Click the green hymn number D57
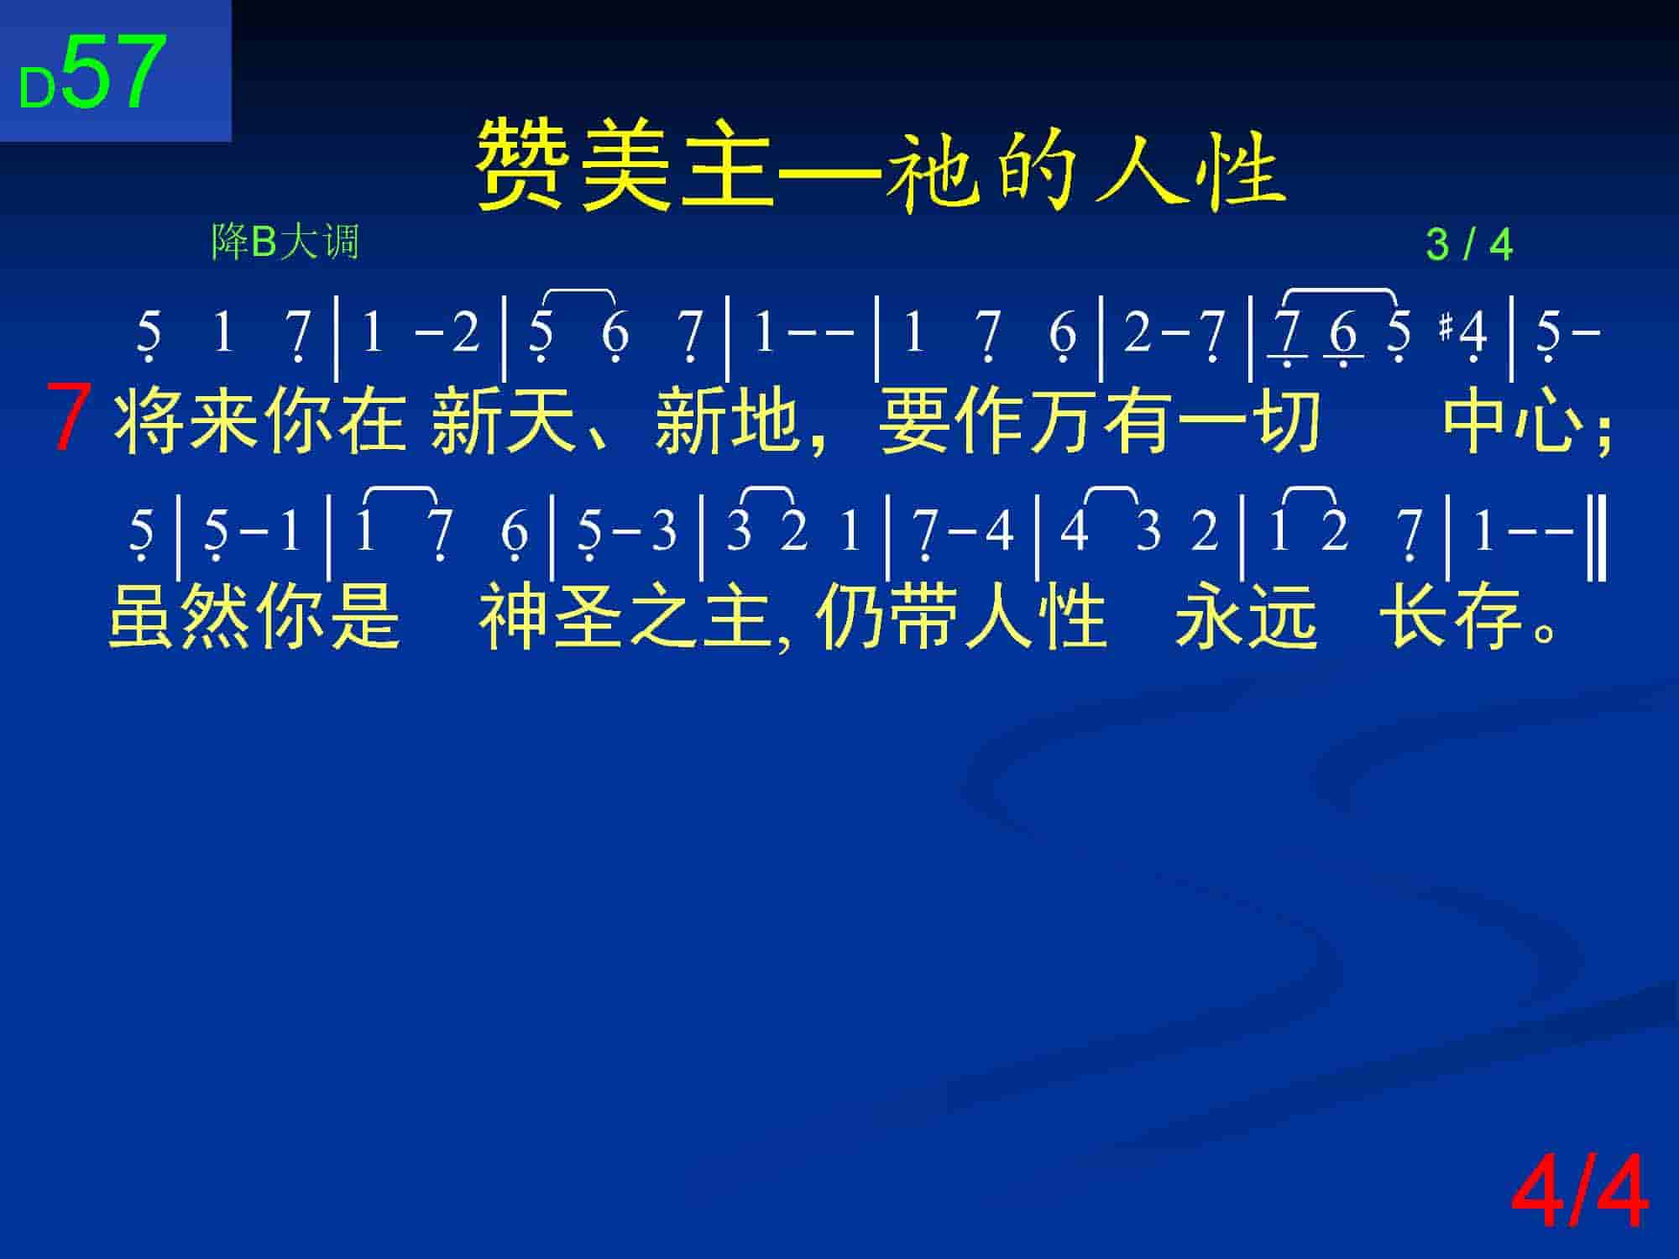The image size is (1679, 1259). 92,74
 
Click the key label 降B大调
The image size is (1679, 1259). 285,242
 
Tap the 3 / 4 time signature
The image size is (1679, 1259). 1469,245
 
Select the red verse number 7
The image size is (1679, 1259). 69,417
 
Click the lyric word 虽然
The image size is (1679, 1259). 180,617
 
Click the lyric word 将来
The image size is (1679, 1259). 186,420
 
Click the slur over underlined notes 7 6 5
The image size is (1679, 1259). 1341,293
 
